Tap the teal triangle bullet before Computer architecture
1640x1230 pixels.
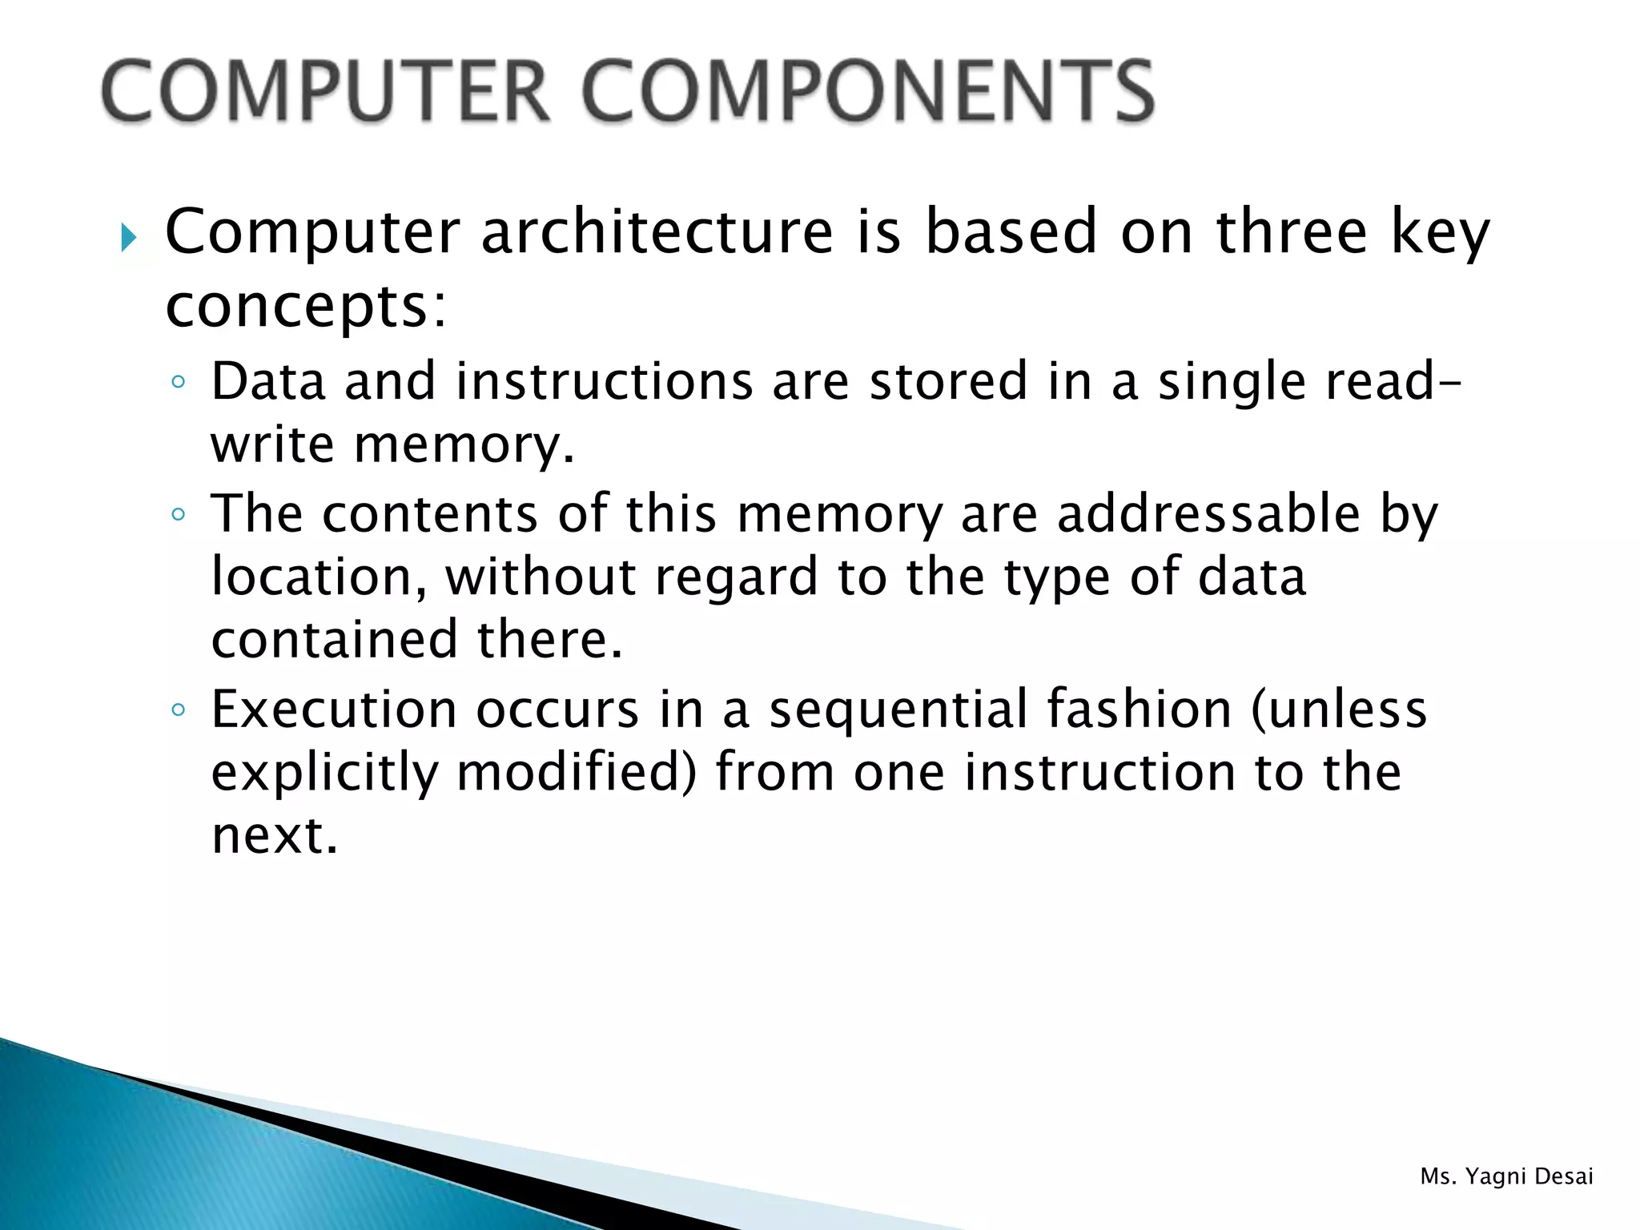128,238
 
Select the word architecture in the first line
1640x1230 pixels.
657,231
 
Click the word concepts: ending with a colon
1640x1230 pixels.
305,308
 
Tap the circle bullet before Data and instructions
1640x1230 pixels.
179,382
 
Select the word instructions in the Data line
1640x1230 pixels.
605,381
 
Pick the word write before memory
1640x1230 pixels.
272,445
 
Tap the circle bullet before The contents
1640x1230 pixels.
179,514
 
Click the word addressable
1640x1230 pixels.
1208,513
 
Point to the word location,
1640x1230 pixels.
320,577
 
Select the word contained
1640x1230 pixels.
335,640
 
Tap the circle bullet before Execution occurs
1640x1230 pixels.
179,709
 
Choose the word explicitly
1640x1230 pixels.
325,774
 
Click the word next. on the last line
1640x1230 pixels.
275,836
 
